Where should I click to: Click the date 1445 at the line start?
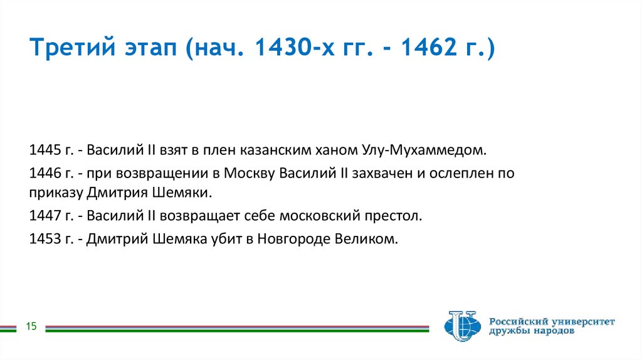(x=43, y=151)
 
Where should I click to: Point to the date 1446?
(x=43, y=172)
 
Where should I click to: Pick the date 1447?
(x=43, y=216)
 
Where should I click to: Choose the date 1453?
(x=43, y=239)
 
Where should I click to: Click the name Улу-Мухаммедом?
(x=424, y=151)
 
